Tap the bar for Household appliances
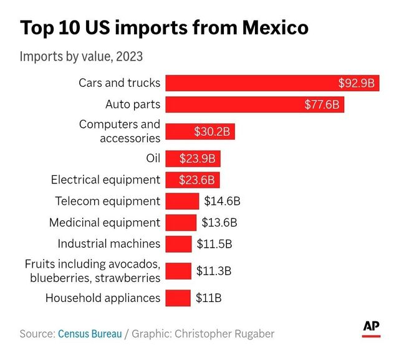[178, 298]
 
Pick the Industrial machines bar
[178, 243]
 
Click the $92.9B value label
[356, 83]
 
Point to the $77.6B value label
[322, 104]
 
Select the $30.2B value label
[212, 131]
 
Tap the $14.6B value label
[222, 201]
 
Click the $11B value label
[208, 298]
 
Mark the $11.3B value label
[214, 271]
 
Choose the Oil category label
[153, 158]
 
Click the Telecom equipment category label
[107, 201]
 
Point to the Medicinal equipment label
[105, 222]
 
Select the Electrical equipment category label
[105, 180]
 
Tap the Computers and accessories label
[120, 131]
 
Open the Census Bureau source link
[90, 334]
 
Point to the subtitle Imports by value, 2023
[81, 57]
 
